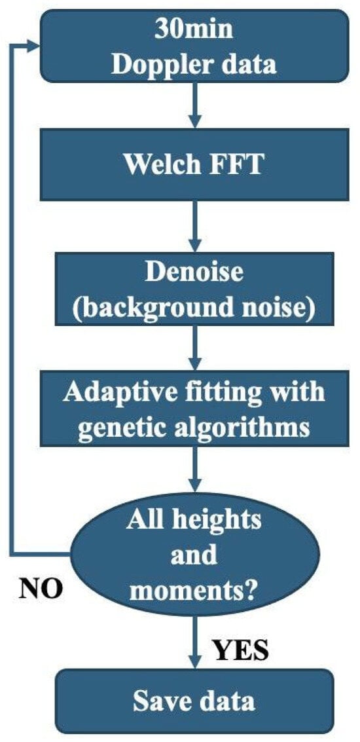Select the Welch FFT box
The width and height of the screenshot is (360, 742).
tap(194, 164)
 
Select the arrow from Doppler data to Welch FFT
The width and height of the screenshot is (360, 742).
tap(194, 105)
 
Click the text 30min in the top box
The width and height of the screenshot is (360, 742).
tap(194, 28)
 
